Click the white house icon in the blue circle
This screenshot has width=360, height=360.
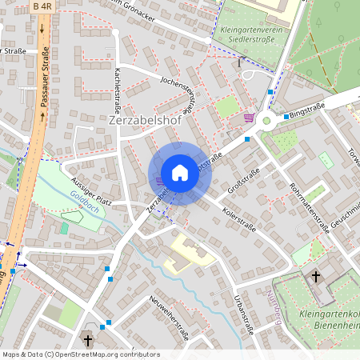tap(179, 173)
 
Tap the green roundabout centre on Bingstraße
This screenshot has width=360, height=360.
tap(266, 120)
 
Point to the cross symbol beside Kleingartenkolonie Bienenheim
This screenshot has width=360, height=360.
tap(316, 277)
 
